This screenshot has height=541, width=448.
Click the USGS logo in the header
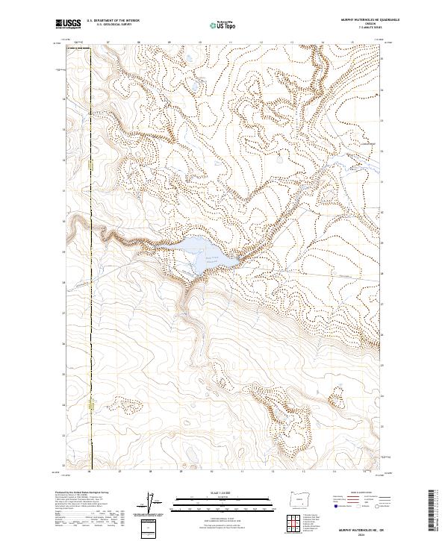[x=68, y=25]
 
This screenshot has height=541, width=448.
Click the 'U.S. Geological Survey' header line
[x=113, y=25]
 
